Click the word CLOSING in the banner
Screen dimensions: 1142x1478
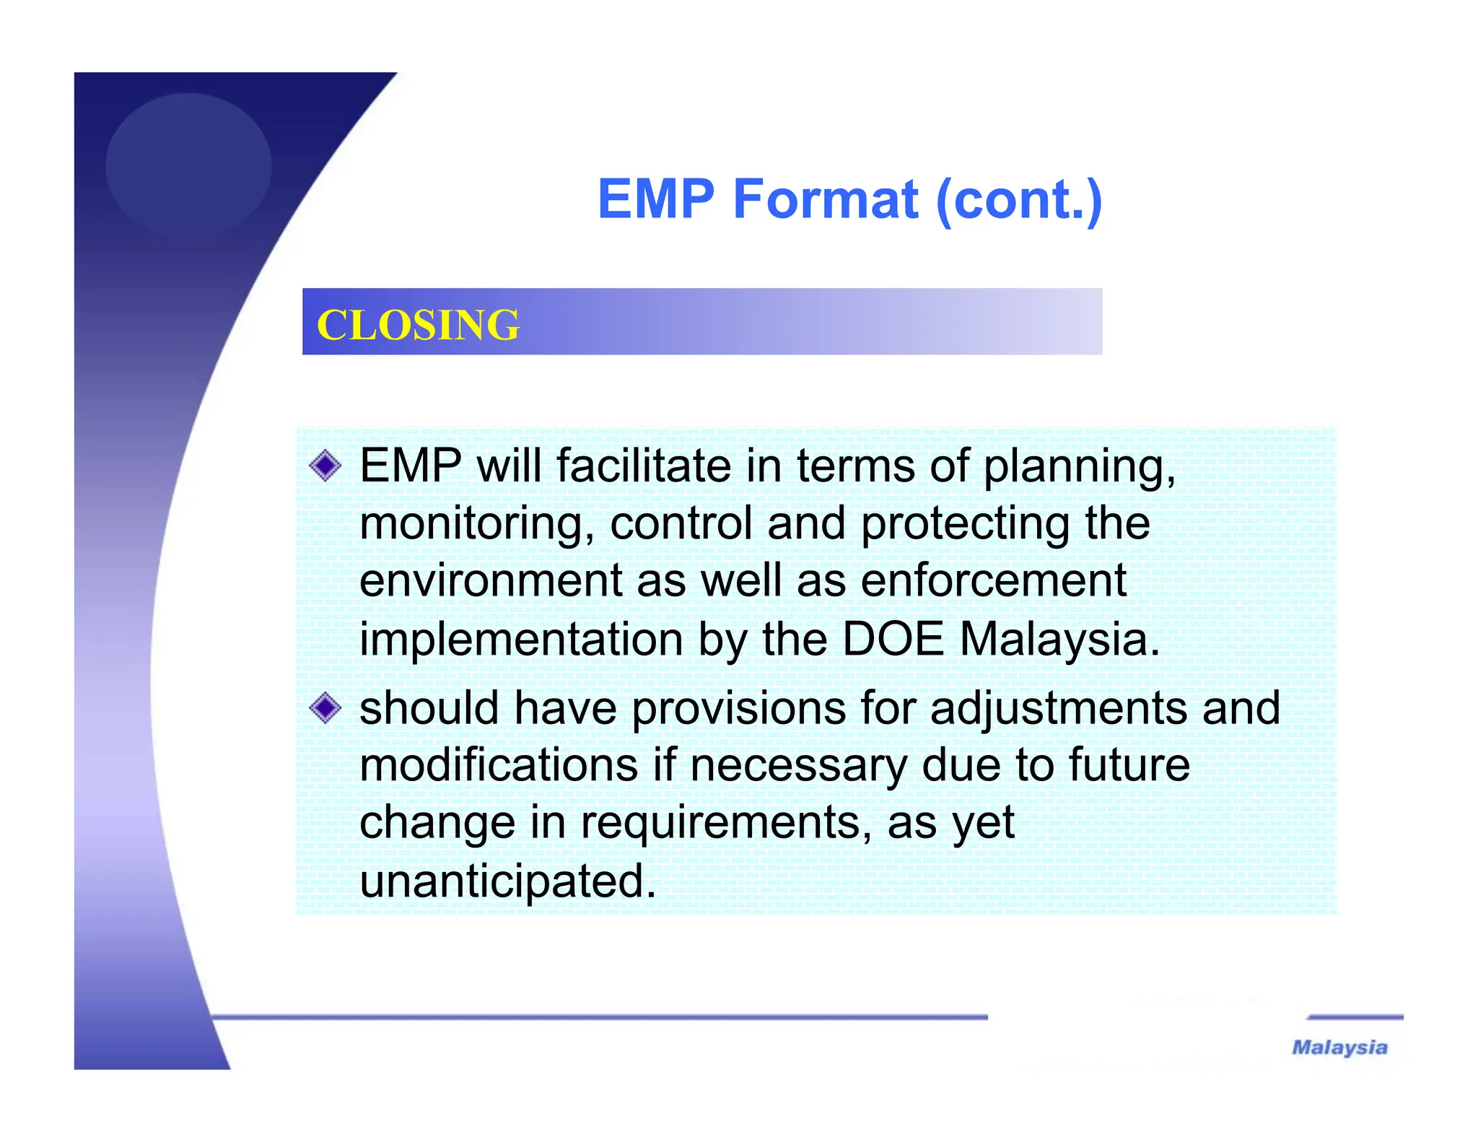tap(418, 325)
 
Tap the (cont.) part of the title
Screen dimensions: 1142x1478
tap(1018, 200)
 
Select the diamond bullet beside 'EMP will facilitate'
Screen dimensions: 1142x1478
tap(325, 466)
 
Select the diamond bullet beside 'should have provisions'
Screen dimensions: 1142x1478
tap(325, 708)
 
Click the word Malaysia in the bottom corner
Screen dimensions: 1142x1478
tap(1339, 1047)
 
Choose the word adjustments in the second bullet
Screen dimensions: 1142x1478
tap(1058, 709)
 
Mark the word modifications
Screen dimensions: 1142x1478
tap(499, 765)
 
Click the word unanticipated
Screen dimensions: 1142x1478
tap(507, 881)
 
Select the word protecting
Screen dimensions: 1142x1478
tap(965, 524)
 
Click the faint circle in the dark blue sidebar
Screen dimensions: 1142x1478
tap(188, 165)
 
